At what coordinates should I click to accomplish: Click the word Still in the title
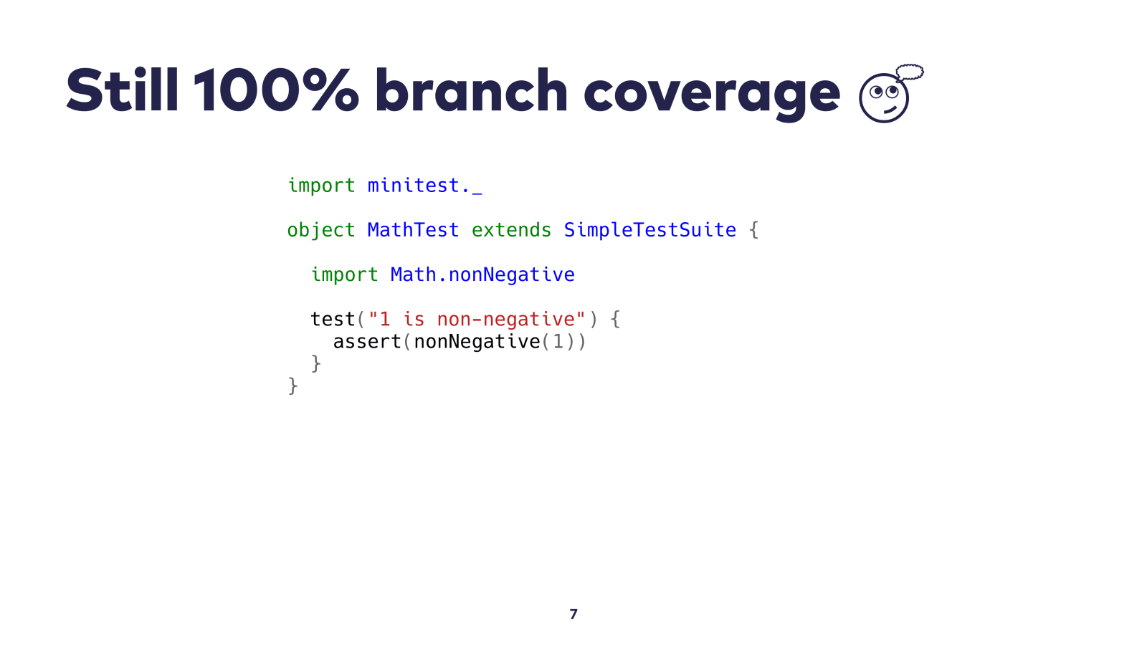123,90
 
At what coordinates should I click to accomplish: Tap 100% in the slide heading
276,90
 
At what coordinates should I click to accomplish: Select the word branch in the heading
471,90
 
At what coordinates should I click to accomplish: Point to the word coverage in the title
712,94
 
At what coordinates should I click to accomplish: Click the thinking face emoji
884,97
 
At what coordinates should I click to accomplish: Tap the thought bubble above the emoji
910,72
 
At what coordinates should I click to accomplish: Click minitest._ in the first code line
424,186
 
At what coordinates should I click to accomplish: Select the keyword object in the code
321,231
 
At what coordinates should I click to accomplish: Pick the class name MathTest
413,230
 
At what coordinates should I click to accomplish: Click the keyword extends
511,230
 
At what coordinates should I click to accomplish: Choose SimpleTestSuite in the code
649,230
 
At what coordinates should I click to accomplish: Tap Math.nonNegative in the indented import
482,275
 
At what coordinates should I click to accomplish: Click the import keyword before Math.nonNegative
344,275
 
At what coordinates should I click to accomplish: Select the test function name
333,320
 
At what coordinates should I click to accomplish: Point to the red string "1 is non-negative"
477,320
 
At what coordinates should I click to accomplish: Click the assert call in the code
366,341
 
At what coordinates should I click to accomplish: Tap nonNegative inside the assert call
477,342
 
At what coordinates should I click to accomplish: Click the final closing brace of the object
293,386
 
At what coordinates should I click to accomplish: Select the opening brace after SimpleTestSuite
753,230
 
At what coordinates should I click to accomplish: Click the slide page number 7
573,614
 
